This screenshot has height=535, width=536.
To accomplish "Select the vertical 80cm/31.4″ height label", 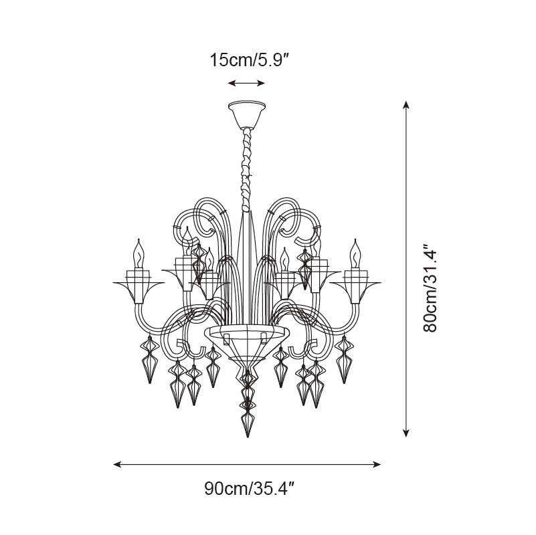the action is click(x=430, y=288).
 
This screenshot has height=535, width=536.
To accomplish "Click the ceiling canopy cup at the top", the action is click(x=247, y=114).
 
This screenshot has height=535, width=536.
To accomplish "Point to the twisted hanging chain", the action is click(x=246, y=169).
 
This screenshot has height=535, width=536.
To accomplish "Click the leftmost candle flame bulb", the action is click(x=139, y=253).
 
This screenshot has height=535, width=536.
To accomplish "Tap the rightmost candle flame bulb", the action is click(x=355, y=253).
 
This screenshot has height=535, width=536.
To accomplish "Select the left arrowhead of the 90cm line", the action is click(x=117, y=464).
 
